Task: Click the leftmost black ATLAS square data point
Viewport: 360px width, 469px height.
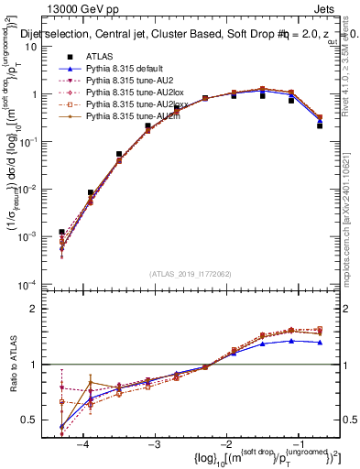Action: pos(61,233)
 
